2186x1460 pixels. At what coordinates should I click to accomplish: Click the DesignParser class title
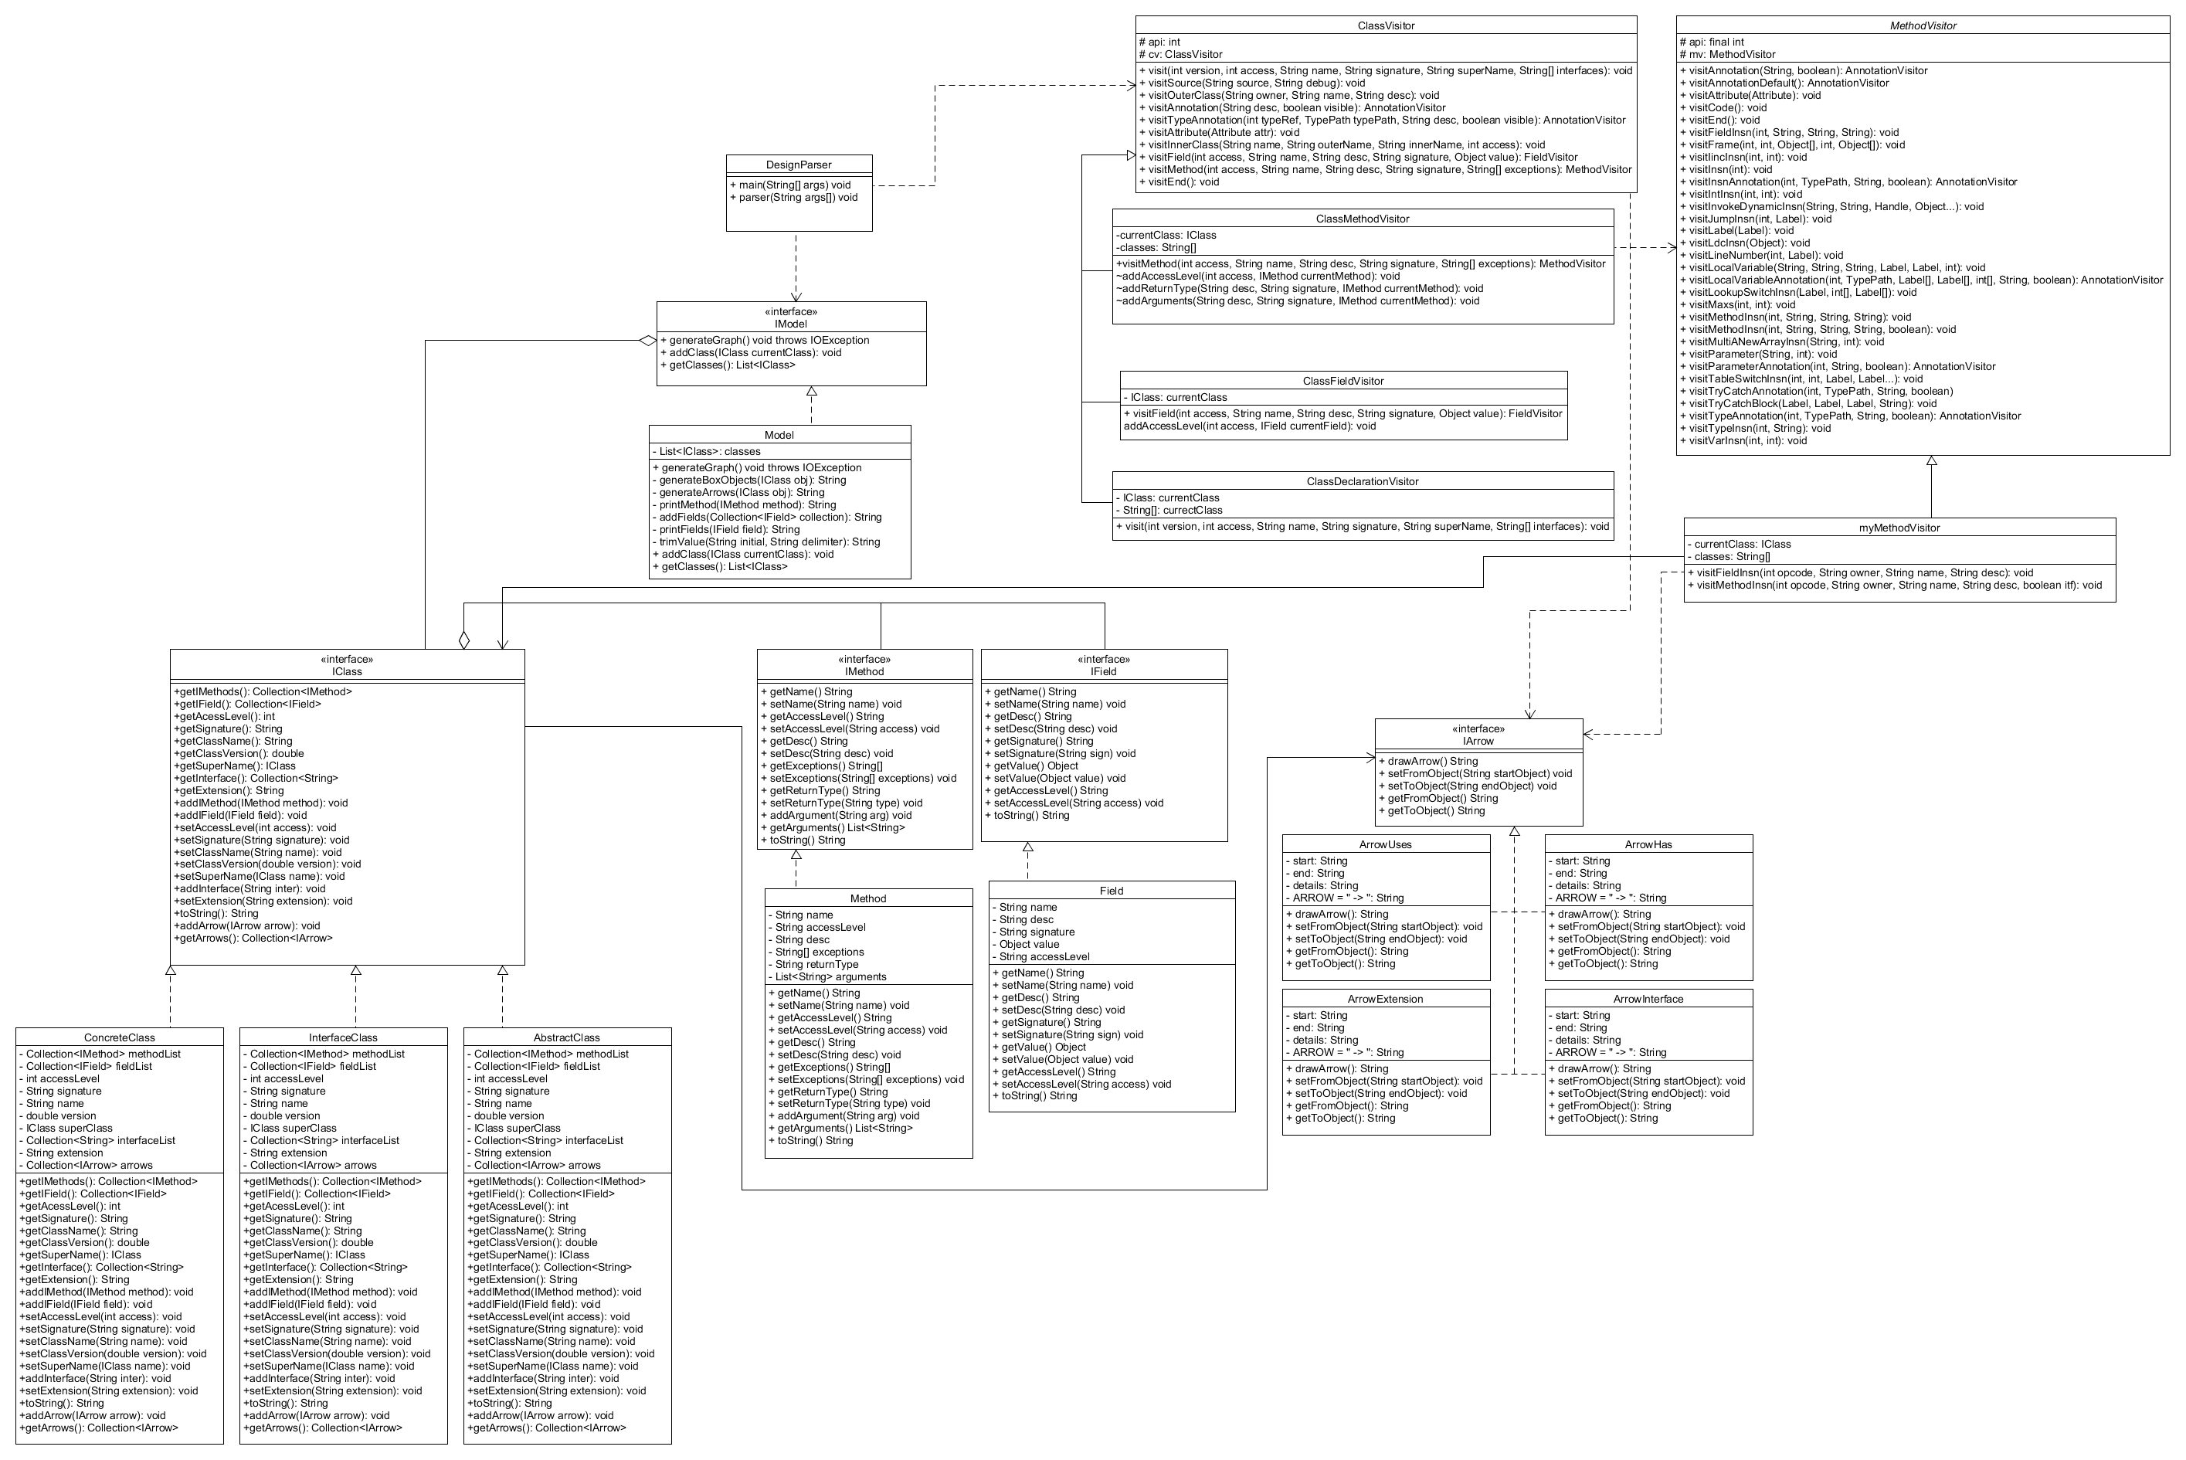799,165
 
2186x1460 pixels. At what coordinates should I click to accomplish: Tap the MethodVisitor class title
1923,26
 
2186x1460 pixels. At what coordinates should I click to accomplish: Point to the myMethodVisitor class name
1899,528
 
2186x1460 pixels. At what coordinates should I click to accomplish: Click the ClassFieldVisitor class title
1342,381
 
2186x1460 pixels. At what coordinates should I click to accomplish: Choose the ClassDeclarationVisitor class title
1362,481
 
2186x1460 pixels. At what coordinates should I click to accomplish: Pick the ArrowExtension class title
1385,999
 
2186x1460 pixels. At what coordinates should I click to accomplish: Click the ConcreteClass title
119,1037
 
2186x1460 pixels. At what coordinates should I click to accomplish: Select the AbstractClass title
566,1037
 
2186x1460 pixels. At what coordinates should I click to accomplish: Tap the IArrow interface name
1478,741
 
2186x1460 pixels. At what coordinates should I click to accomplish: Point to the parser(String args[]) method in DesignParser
798,198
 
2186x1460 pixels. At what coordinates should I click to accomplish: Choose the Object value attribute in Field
1029,944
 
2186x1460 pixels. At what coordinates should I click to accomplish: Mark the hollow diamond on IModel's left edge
648,341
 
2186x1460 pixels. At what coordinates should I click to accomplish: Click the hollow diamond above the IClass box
463,640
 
